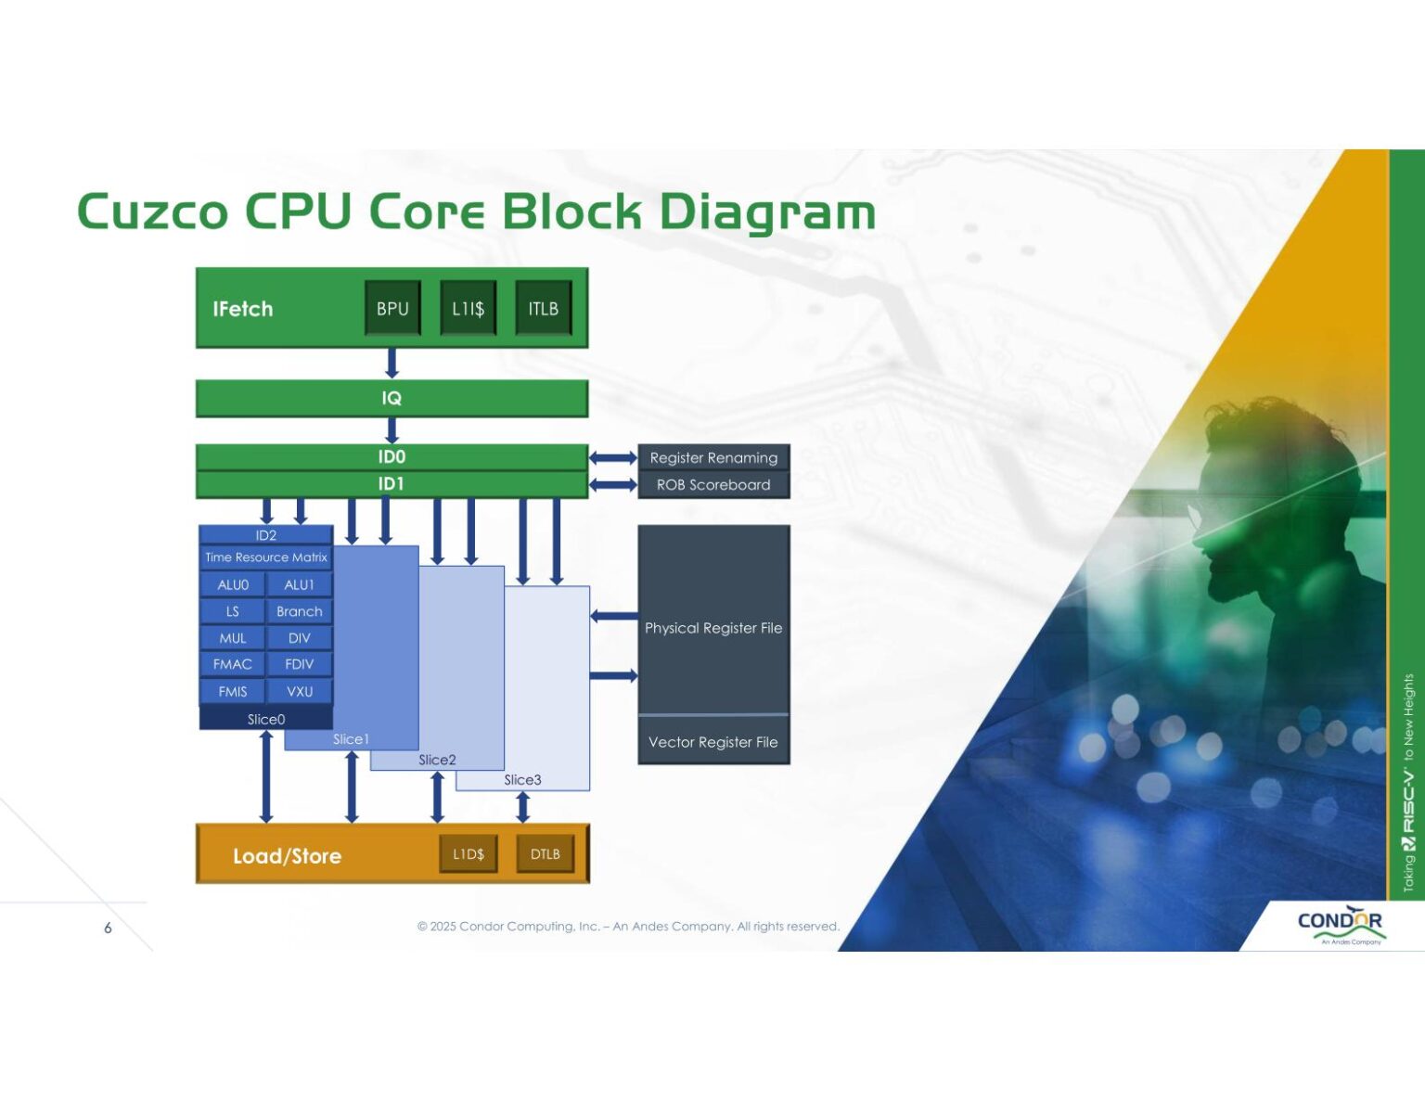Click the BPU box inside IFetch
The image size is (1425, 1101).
pyautogui.click(x=392, y=308)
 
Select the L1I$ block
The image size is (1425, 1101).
pyautogui.click(x=469, y=308)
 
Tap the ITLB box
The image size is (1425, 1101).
pyautogui.click(x=544, y=308)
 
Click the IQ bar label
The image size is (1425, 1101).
pyautogui.click(x=392, y=398)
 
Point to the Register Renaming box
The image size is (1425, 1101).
pyautogui.click(x=713, y=457)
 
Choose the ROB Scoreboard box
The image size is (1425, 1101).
pyautogui.click(x=713, y=484)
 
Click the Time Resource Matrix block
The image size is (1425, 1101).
pyautogui.click(x=266, y=557)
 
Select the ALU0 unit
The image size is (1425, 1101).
pyautogui.click(x=233, y=585)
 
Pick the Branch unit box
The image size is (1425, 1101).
pyautogui.click(x=299, y=611)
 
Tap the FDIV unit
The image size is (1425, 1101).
pyautogui.click(x=299, y=664)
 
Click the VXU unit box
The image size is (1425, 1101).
pyautogui.click(x=299, y=691)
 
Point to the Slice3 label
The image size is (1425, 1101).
pyautogui.click(x=522, y=780)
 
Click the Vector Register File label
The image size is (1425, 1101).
pyautogui.click(x=713, y=742)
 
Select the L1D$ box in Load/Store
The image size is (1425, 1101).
pyautogui.click(x=469, y=854)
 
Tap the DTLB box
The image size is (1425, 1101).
pyautogui.click(x=545, y=854)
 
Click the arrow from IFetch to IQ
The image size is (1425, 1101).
pyautogui.click(x=392, y=363)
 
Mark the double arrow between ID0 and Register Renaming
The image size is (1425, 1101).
pyautogui.click(x=613, y=457)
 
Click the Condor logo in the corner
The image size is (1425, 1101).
pyautogui.click(x=1340, y=924)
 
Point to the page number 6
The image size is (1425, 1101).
pyautogui.click(x=108, y=928)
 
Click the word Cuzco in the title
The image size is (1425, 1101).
pyautogui.click(x=153, y=211)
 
